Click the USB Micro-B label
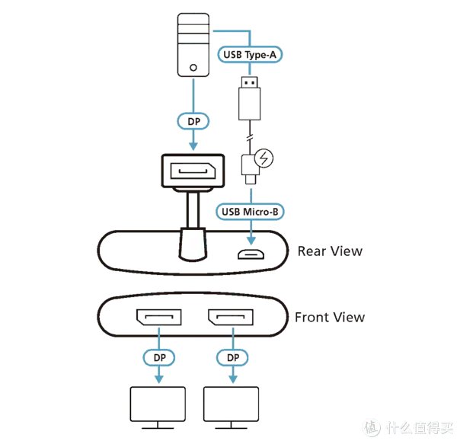pos(251,212)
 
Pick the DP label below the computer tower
pos(193,121)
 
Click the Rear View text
pos(329,251)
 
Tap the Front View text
pos(330,317)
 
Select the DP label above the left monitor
pos(158,356)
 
